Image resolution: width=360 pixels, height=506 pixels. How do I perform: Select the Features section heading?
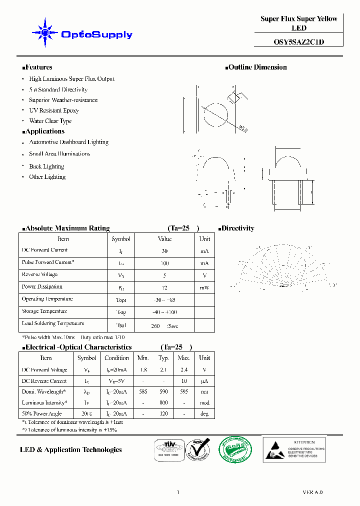pos(38,67)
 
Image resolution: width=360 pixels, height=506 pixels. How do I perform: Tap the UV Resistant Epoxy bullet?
pos(53,110)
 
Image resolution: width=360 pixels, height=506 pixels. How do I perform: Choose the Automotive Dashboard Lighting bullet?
pos(68,142)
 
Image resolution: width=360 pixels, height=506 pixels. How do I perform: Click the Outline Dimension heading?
pos(257,67)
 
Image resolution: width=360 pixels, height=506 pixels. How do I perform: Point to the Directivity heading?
pos(237,228)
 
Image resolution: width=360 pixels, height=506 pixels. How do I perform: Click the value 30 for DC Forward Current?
pos(164,251)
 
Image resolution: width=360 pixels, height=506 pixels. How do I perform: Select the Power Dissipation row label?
pos(42,287)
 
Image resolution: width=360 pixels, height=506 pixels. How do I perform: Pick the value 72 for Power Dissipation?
pos(164,288)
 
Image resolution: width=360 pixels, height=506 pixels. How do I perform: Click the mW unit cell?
pos(204,288)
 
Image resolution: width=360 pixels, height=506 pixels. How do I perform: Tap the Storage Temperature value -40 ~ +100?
pos(164,312)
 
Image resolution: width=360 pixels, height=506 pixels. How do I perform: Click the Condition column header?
pos(116,358)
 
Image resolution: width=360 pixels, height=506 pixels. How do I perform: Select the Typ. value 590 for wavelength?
pos(163,392)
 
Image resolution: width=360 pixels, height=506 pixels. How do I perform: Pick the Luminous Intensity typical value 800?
pos(163,403)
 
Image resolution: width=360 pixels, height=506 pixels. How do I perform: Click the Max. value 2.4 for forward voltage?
pos(184,370)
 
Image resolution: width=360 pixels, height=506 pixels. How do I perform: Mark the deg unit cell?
pos(204,414)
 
